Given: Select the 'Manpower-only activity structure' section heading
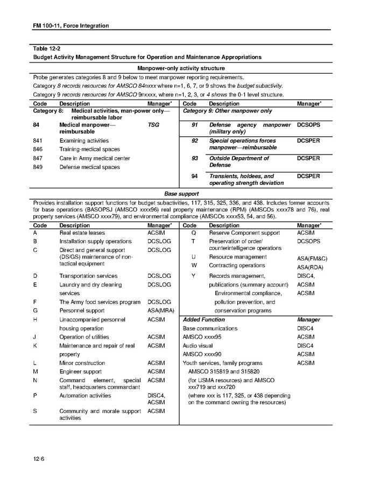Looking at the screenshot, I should (181, 68).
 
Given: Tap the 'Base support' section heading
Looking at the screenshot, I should (181, 193).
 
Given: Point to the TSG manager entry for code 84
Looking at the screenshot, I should (153, 124).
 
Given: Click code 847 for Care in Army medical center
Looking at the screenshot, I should (38, 158).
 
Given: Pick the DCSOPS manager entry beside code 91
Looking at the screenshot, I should (308, 124).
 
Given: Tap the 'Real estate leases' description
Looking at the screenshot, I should (82, 233).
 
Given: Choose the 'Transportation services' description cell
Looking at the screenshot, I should (88, 276).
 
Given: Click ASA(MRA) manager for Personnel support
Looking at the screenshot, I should (159, 311).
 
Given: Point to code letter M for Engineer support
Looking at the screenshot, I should (36, 371).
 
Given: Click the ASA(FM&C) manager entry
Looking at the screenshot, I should (312, 258).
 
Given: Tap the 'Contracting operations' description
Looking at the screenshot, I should (237, 265).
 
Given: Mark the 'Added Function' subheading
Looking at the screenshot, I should (204, 319).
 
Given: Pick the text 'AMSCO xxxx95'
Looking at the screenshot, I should (202, 336).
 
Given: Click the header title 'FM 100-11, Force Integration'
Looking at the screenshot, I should (71, 25).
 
